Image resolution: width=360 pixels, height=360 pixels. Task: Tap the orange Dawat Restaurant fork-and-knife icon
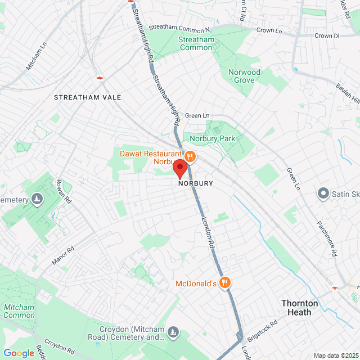pyautogui.click(x=191, y=156)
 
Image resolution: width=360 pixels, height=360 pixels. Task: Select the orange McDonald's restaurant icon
pyautogui.click(x=225, y=283)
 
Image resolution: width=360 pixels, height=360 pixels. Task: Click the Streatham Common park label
pyautogui.click(x=196, y=43)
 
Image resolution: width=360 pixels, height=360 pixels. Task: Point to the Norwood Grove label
pyautogui.click(x=244, y=76)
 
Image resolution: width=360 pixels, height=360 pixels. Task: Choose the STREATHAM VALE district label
pyautogui.click(x=87, y=97)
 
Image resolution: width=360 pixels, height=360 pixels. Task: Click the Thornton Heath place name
pyautogui.click(x=299, y=307)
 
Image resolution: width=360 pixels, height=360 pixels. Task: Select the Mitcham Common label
pyautogui.click(x=19, y=311)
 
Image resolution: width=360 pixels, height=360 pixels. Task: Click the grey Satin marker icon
pyautogui.click(x=323, y=194)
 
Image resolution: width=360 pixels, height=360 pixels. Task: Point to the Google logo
pyautogui.click(x=19, y=353)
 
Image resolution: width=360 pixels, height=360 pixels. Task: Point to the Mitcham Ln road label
pyautogui.click(x=38, y=57)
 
